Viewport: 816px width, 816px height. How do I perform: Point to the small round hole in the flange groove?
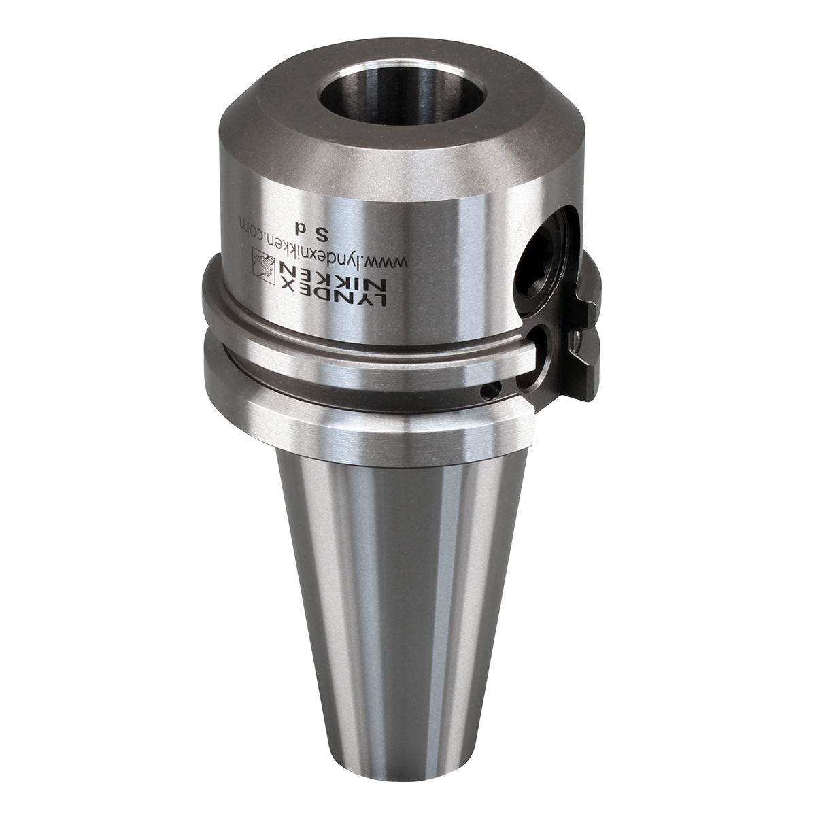492,391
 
